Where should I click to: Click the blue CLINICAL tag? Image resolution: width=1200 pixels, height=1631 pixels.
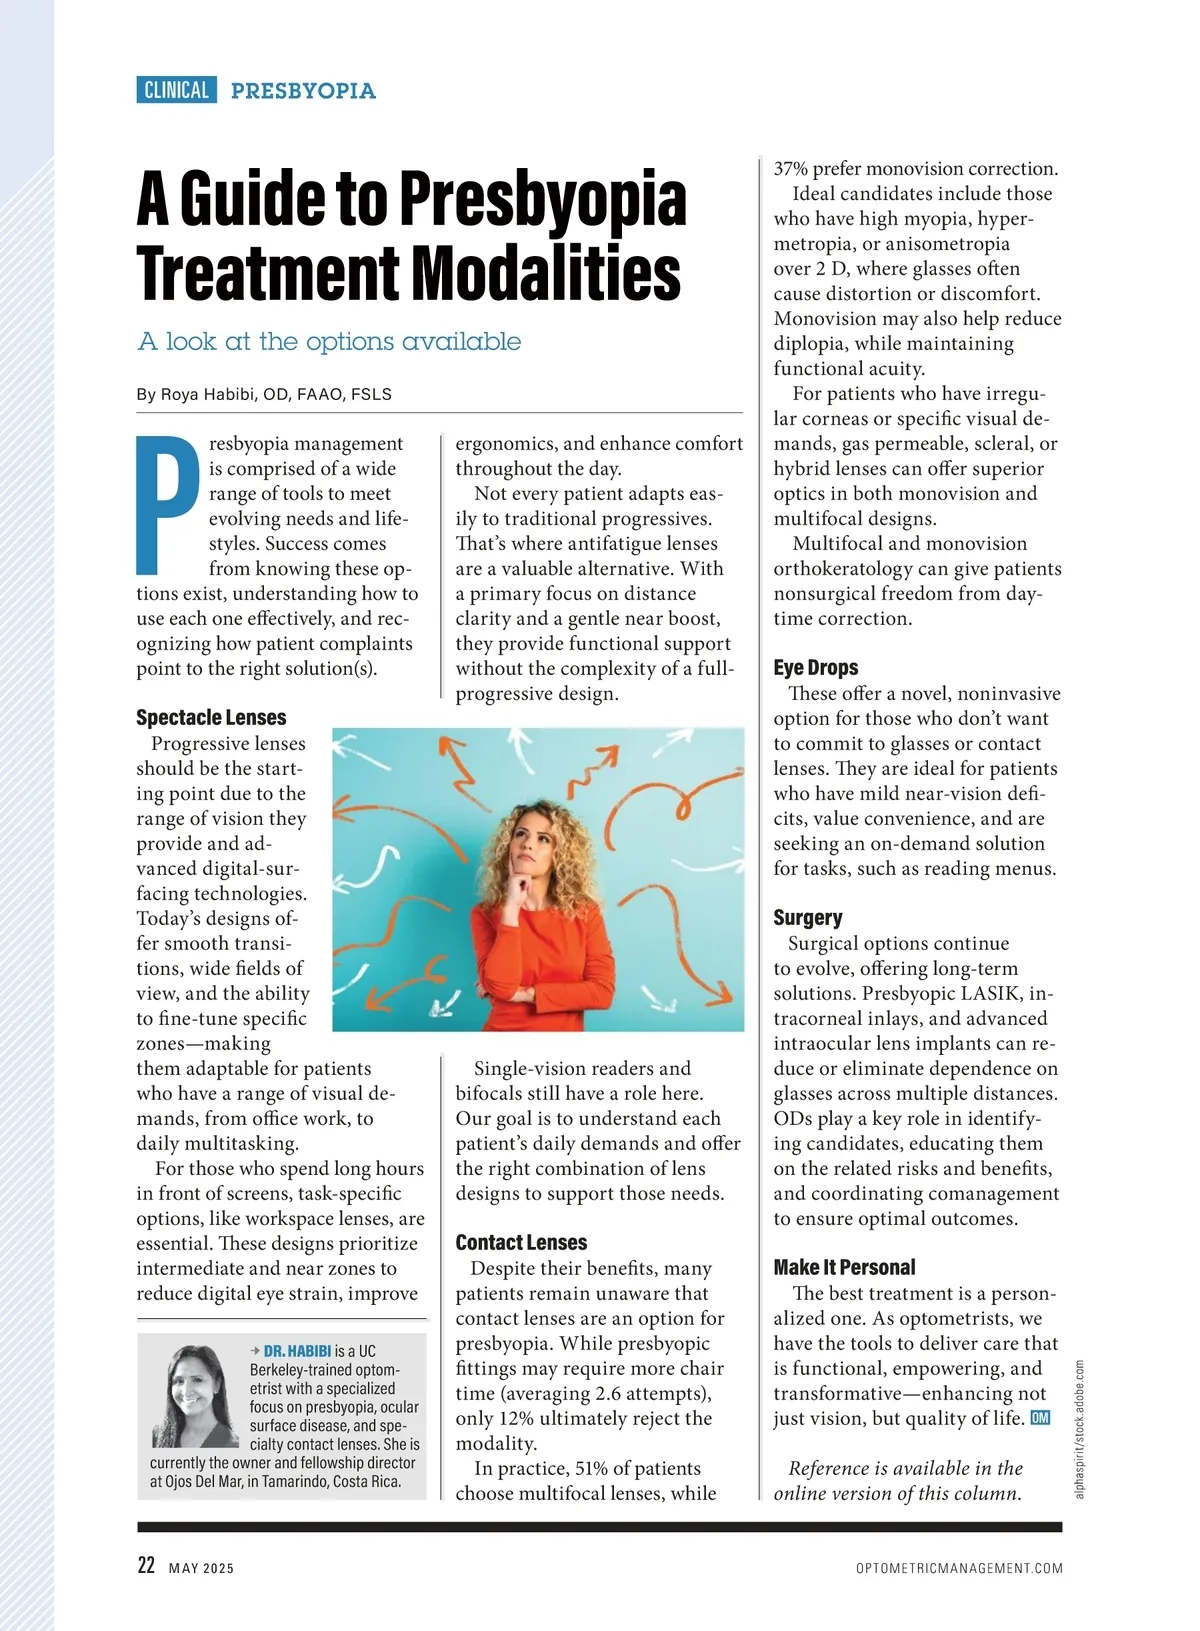point(176,90)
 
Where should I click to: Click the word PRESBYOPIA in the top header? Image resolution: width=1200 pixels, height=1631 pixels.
point(303,91)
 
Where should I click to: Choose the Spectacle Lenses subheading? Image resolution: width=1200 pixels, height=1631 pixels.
point(211,717)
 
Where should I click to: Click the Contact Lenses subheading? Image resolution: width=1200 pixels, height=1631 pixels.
point(521,1242)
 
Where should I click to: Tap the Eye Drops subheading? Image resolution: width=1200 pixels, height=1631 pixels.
point(815,667)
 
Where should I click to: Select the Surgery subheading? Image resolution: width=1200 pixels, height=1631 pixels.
point(807,917)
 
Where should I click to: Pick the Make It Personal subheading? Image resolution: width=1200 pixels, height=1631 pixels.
point(844,1267)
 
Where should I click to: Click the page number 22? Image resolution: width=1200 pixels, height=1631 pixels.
point(146,1566)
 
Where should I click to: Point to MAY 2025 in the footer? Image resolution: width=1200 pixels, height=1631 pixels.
point(201,1568)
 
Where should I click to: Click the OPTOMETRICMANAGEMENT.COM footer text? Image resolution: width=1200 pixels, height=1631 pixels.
point(959,1568)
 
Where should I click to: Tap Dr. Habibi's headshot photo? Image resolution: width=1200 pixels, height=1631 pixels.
point(190,1397)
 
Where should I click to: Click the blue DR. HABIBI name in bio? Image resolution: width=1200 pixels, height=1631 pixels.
point(297,1351)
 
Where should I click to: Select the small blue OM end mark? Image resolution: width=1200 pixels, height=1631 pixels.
point(1040,1418)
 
